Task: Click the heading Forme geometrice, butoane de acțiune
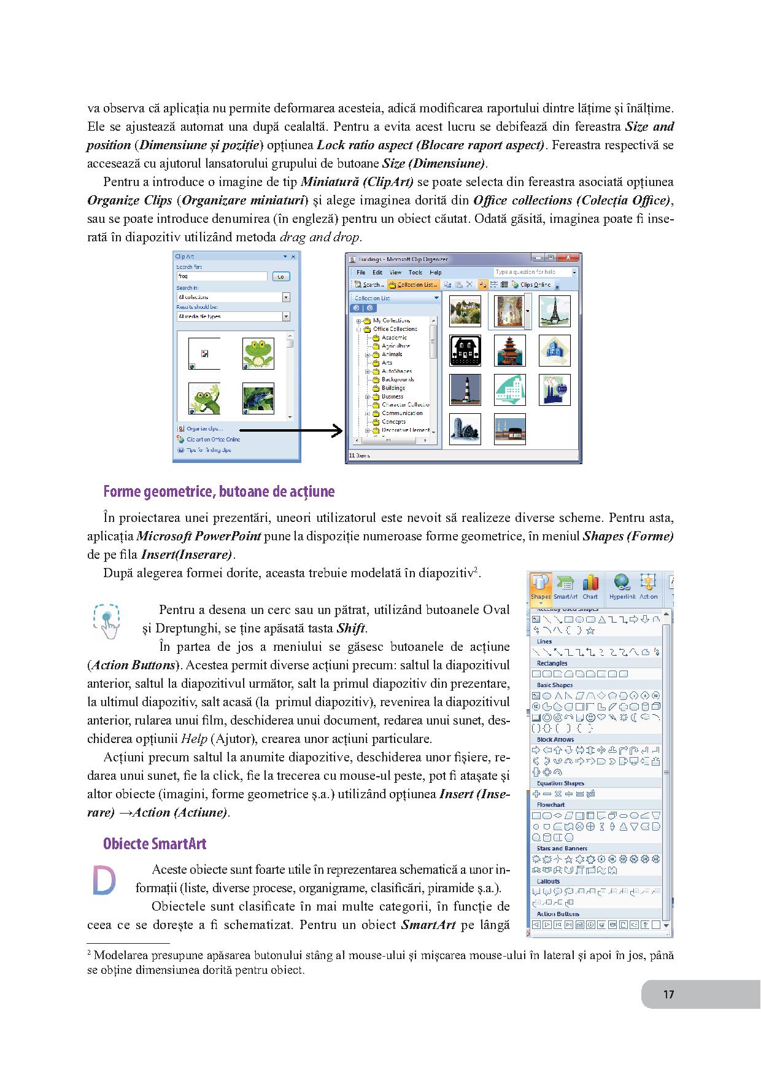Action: pyautogui.click(x=219, y=492)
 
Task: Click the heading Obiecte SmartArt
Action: pyautogui.click(x=155, y=844)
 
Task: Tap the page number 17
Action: pyautogui.click(x=668, y=994)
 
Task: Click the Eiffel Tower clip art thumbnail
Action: pyautogui.click(x=554, y=311)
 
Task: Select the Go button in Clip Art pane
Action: pyautogui.click(x=280, y=276)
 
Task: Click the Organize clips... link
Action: pyautogui.click(x=205, y=429)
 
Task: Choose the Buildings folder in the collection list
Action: pyautogui.click(x=393, y=388)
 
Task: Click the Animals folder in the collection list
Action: pyautogui.click(x=392, y=354)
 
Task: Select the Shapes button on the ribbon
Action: pyautogui.click(x=541, y=588)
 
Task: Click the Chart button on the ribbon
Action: pyautogui.click(x=590, y=588)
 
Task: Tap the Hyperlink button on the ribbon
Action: pyautogui.click(x=622, y=588)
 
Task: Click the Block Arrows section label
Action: pyautogui.click(x=555, y=739)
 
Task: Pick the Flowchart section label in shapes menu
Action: pyautogui.click(x=550, y=804)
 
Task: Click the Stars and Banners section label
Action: pyautogui.click(x=562, y=848)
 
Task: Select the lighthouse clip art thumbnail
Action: pyautogui.click(x=465, y=390)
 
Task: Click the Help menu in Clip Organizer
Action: pyautogui.click(x=436, y=272)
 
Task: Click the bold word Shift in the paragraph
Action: pyautogui.click(x=351, y=628)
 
